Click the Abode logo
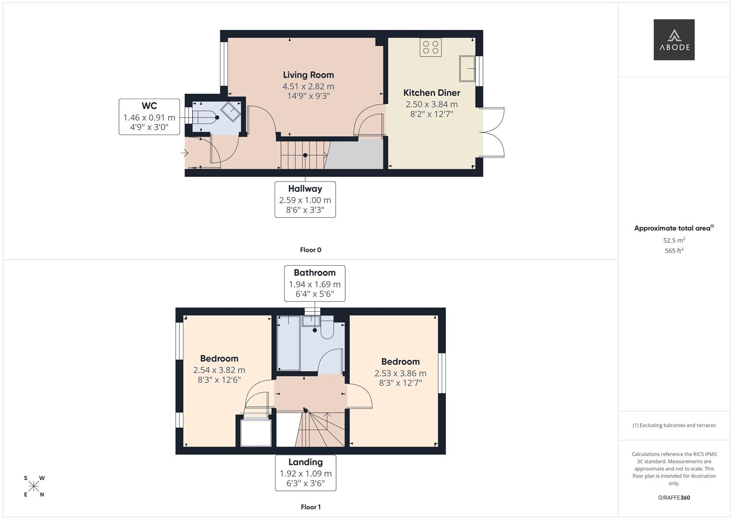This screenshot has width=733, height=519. pyautogui.click(x=673, y=39)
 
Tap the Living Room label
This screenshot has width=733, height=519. pyautogui.click(x=308, y=75)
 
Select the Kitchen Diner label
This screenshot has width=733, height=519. pyautogui.click(x=432, y=93)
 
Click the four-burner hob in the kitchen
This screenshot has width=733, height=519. pyautogui.click(x=430, y=47)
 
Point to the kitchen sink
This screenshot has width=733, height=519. pyautogui.click(x=467, y=68)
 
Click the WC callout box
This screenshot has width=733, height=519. pyautogui.click(x=149, y=116)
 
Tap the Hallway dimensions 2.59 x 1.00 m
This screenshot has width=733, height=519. pyautogui.click(x=305, y=200)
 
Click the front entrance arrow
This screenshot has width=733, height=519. pyautogui.click(x=184, y=153)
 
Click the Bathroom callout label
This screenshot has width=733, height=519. pyautogui.click(x=314, y=273)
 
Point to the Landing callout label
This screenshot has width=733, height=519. pyautogui.click(x=305, y=462)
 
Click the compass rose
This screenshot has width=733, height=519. pyautogui.click(x=34, y=486)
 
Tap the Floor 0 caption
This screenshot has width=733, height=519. pyautogui.click(x=311, y=250)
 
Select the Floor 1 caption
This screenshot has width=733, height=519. pyautogui.click(x=311, y=507)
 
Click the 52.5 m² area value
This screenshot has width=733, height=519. pyautogui.click(x=673, y=240)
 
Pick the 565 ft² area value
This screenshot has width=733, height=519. pyautogui.click(x=673, y=251)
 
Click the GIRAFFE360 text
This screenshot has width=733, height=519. pyautogui.click(x=673, y=498)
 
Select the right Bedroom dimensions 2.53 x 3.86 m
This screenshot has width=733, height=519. pyautogui.click(x=400, y=373)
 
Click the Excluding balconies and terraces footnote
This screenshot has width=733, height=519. pyautogui.click(x=673, y=425)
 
